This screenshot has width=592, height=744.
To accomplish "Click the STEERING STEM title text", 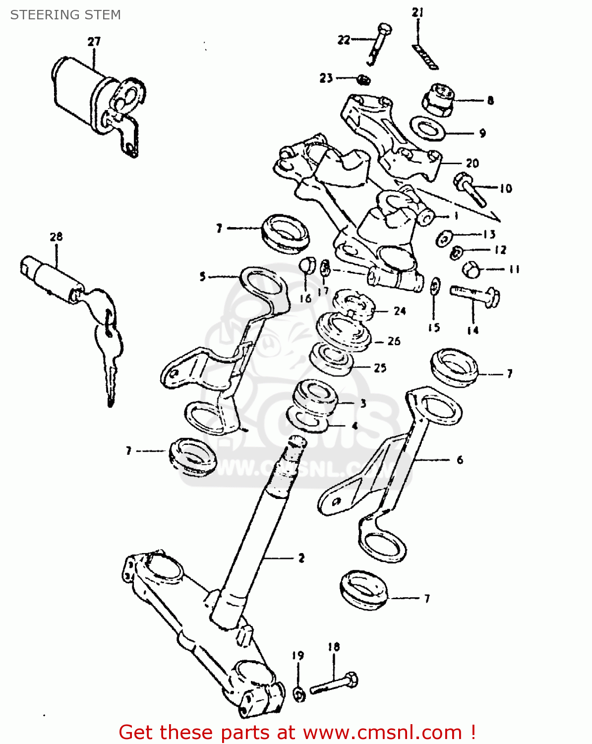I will (65, 15).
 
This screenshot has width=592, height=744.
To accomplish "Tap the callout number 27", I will (94, 42).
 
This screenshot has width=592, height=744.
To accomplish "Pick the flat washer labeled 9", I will (427, 129).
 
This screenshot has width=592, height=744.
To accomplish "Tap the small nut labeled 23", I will (364, 79).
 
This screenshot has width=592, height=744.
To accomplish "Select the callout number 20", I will (472, 163).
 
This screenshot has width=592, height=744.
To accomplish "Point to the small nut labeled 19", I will (298, 694).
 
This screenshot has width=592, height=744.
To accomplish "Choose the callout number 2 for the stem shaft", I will (301, 558).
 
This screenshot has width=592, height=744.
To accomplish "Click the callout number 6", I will (460, 460).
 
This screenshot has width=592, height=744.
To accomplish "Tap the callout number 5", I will (202, 276).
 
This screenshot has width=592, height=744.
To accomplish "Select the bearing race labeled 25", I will (331, 361).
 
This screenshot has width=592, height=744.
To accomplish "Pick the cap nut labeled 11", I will (472, 270).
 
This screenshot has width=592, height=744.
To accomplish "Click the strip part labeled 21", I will (425, 57).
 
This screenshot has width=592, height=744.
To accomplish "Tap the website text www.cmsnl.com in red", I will (382, 732).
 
